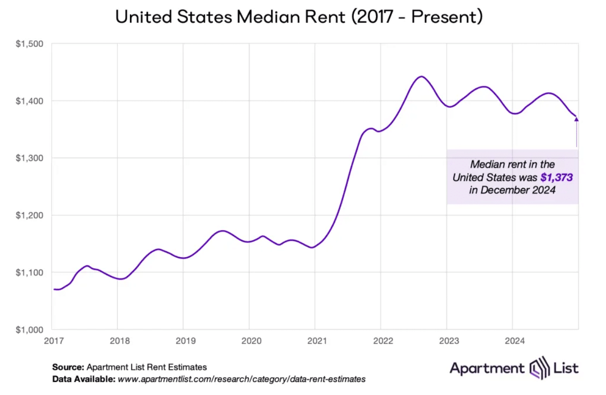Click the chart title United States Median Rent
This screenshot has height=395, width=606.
click(299, 18)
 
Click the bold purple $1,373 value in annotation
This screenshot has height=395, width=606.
click(557, 178)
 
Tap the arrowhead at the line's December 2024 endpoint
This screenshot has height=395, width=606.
click(576, 118)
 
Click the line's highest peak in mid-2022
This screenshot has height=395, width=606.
click(421, 76)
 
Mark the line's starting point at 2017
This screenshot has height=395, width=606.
click(55, 289)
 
